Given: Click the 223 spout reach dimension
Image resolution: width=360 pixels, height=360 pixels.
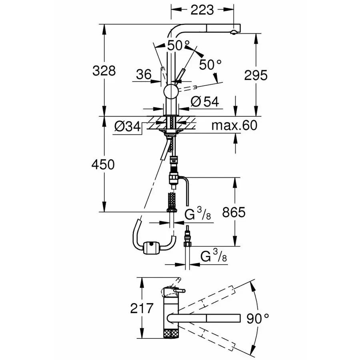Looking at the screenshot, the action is [202, 10].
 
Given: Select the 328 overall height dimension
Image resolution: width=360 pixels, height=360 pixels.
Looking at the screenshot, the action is [104, 71].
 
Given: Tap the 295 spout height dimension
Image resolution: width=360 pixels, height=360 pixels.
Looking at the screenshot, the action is [256, 75].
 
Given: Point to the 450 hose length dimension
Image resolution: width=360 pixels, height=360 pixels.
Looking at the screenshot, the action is [103, 164].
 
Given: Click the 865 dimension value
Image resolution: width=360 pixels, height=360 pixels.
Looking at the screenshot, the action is [234, 212].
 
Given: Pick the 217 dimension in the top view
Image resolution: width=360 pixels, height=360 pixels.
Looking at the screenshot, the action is [142, 308].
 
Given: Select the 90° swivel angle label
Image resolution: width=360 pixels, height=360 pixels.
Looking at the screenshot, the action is [258, 318].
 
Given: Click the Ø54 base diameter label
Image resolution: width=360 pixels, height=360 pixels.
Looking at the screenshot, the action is [205, 101].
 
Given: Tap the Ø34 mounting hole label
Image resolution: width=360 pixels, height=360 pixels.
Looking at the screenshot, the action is [128, 126].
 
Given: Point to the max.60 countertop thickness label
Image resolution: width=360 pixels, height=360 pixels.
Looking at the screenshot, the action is [234, 125].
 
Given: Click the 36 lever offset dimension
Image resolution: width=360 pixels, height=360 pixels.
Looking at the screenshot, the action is [144, 74].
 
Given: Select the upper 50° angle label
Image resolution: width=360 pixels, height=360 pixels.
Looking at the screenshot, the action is [178, 45].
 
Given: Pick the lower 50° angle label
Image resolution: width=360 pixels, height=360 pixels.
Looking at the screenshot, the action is [210, 64].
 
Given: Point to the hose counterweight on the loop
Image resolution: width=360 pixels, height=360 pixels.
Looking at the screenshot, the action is [151, 248].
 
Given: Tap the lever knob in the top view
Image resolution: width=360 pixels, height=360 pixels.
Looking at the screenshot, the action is [179, 291].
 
